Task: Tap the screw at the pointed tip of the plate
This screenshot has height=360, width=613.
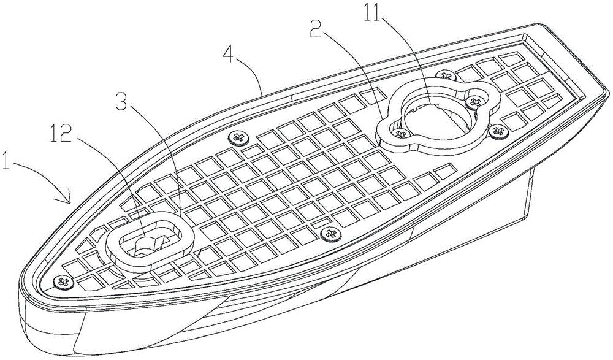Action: (63, 281)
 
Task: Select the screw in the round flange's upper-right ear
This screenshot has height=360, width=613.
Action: (475, 102)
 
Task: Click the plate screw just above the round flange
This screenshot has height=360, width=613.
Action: (444, 75)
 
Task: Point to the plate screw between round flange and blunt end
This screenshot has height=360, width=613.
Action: (498, 131)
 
